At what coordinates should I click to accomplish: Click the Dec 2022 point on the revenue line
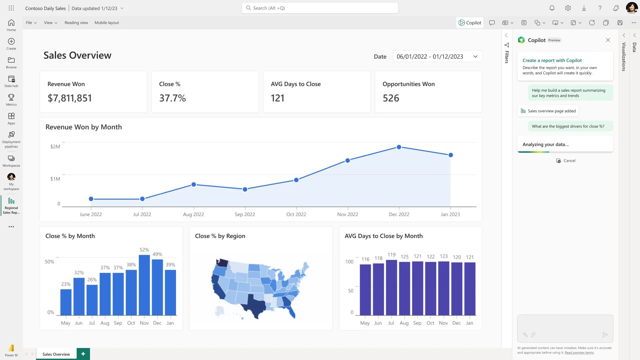coord(399,147)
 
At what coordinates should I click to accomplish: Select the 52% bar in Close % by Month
coord(144,285)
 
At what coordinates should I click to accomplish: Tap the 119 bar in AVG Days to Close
coord(391,287)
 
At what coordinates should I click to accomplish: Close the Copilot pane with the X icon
coord(608,40)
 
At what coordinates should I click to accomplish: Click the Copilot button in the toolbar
coord(470,23)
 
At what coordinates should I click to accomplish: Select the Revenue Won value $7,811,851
coord(70,98)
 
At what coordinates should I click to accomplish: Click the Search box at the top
coord(320,8)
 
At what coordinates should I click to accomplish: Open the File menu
coord(31,23)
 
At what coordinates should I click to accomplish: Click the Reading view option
coord(76,23)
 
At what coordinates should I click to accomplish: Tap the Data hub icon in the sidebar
coord(11,81)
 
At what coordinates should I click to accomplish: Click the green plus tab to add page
coord(83,354)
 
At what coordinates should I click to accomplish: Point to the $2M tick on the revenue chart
coord(55,147)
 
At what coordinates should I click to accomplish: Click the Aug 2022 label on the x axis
coord(193,214)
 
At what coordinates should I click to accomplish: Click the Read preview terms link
coord(579,353)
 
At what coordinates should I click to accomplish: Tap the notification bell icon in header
coord(552,8)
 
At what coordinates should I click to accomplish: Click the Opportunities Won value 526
coord(391,98)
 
